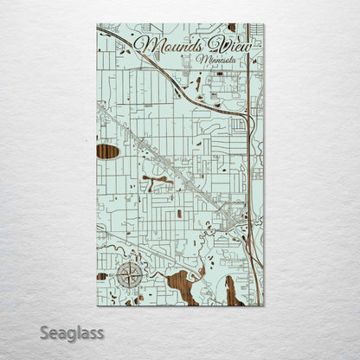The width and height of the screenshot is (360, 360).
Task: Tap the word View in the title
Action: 225,46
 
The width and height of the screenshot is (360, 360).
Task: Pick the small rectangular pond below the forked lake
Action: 179,213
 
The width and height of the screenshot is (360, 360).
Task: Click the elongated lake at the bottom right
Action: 231,292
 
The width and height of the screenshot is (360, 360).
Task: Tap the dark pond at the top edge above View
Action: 231,27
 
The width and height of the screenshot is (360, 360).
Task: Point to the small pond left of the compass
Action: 102,276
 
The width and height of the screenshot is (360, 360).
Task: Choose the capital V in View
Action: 211,43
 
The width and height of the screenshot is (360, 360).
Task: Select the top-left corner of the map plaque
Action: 97,24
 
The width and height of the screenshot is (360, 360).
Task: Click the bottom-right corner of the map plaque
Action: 264,305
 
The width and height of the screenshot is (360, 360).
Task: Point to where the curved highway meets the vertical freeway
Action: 248,117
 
